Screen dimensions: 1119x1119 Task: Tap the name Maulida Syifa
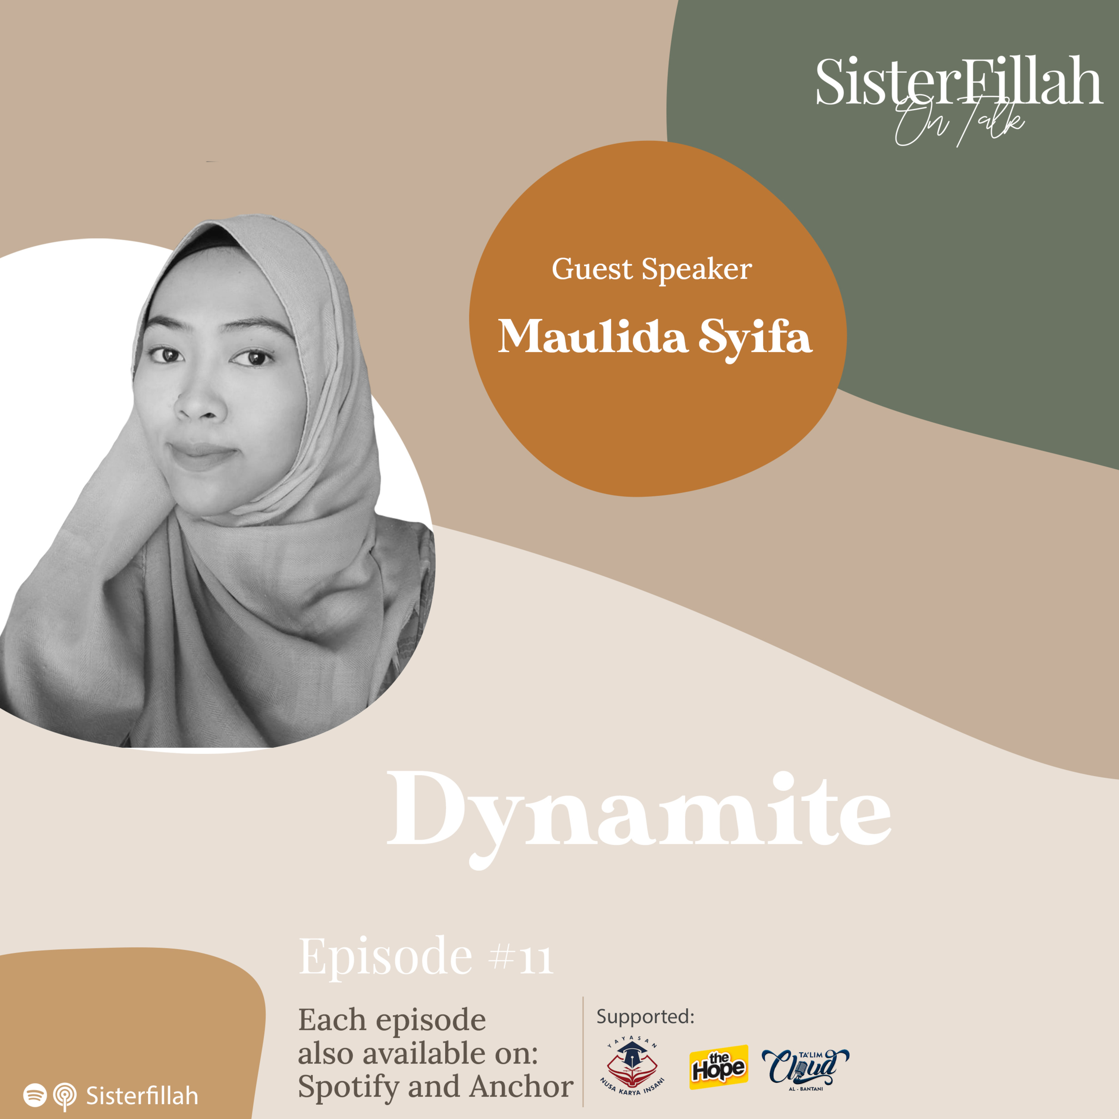point(655,337)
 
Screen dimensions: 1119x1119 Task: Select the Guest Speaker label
point(652,269)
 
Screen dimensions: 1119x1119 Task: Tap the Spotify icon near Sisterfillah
point(35,1095)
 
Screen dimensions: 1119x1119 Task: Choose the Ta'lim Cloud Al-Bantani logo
point(805,1069)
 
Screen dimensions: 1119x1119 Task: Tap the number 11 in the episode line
point(536,959)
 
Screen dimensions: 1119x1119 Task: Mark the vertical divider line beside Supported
point(583,1051)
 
